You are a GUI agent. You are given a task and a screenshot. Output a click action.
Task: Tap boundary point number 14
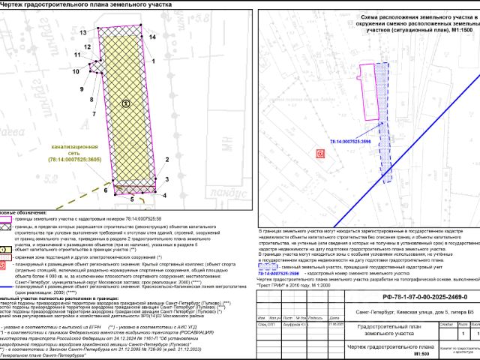152,36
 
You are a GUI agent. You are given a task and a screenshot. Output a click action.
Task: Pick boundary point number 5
133,199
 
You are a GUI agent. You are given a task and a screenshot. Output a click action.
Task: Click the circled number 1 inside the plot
126,103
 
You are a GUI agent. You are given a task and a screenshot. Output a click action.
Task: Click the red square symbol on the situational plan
321,153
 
